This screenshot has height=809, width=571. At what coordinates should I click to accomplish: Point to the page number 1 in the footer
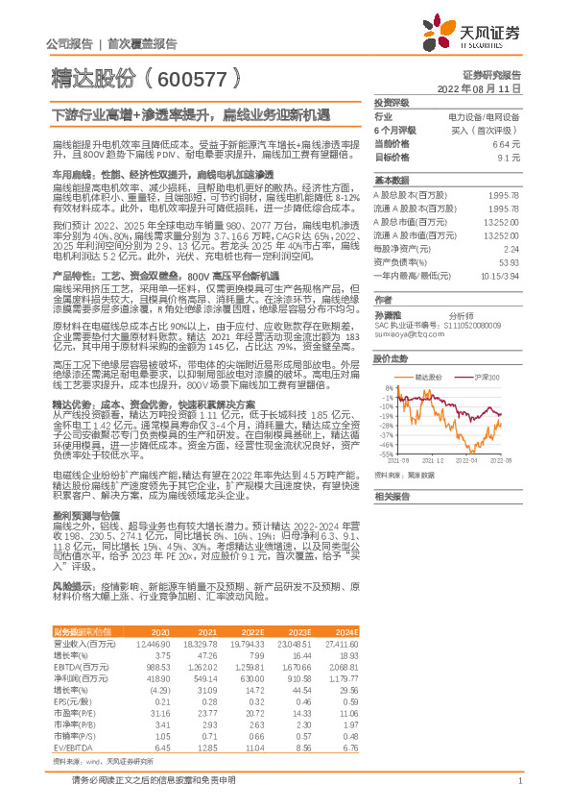point(519,793)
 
